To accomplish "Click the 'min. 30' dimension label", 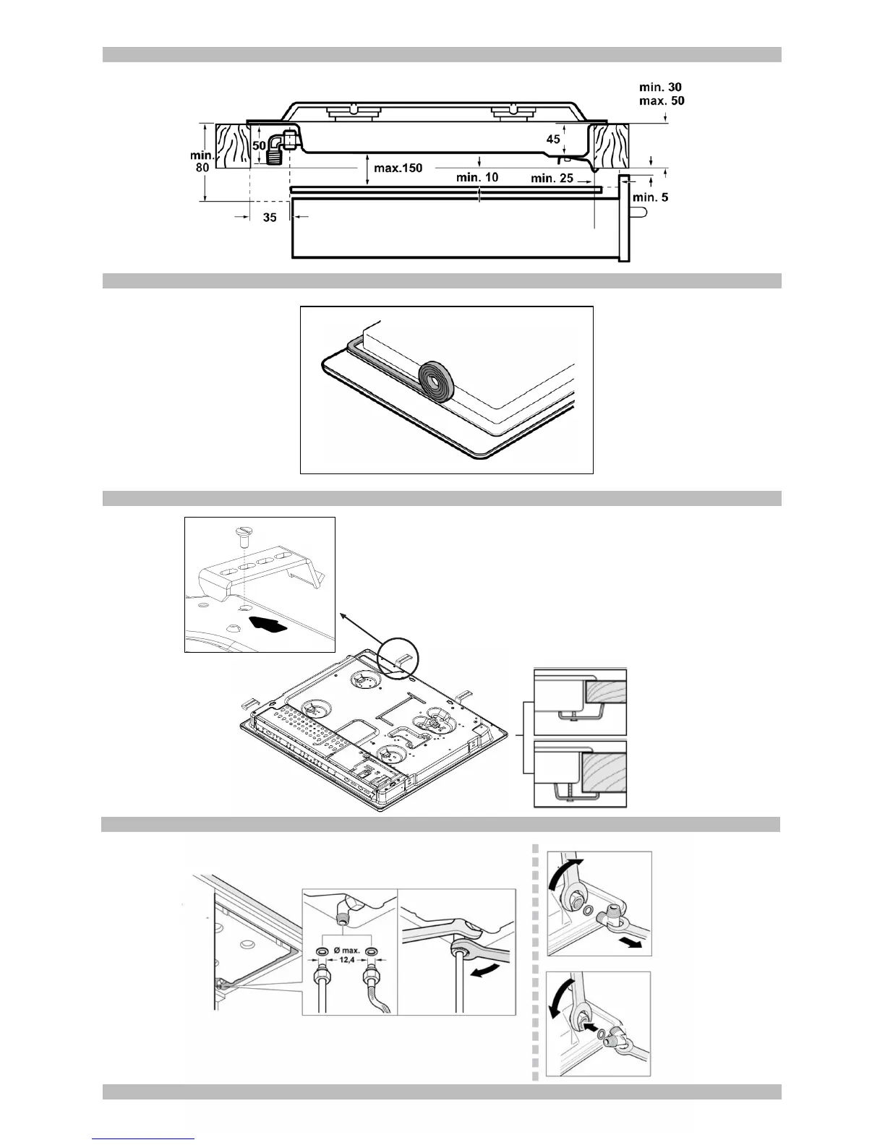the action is (x=660, y=87).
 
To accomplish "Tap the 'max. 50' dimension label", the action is (x=661, y=101).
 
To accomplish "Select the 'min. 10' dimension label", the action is (x=477, y=177).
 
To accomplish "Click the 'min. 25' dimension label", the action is (x=552, y=178).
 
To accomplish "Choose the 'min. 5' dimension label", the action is (x=650, y=197).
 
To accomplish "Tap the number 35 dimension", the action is (x=270, y=216).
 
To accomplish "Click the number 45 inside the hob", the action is (x=553, y=139).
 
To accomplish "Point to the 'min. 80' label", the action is (x=202, y=160).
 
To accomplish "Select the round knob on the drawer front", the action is (x=636, y=212).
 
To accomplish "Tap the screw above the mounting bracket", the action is (x=243, y=537).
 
